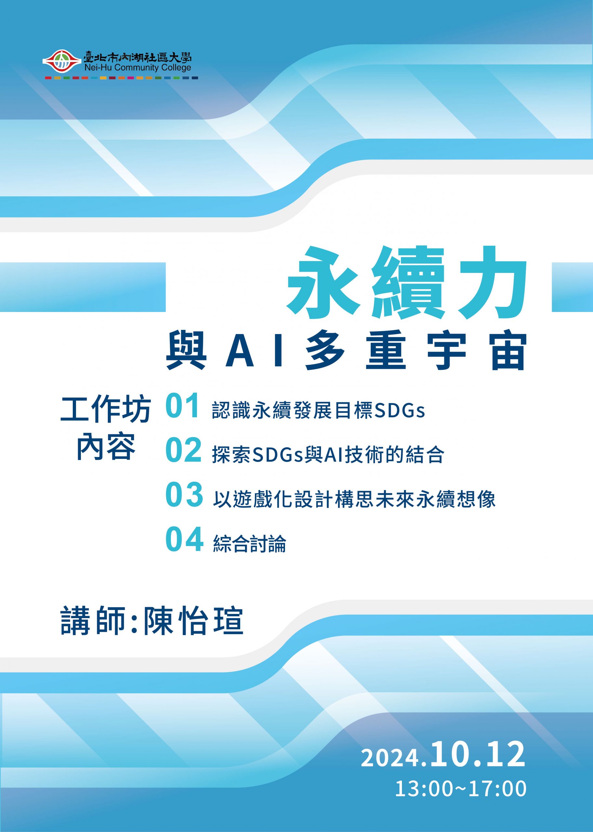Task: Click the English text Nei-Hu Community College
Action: coord(137,68)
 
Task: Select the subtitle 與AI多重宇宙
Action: coord(345,351)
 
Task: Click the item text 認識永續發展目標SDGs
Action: coord(318,410)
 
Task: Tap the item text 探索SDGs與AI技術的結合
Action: coord(328,455)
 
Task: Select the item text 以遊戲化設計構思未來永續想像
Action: coord(354,499)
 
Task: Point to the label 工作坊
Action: coord(106,410)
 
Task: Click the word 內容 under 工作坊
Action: coord(106,446)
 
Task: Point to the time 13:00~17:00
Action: coord(461,788)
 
